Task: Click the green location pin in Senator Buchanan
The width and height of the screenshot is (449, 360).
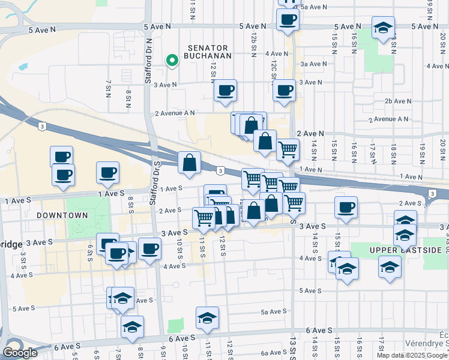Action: point(172,60)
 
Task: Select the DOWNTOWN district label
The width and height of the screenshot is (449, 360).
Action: point(62,215)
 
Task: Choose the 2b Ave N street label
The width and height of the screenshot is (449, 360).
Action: point(397,101)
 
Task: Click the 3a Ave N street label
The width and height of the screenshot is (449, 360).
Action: point(313,64)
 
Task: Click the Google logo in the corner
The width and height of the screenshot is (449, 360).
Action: point(20,353)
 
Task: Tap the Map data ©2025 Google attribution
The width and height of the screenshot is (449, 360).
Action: point(412,355)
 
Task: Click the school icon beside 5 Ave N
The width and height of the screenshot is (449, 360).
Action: point(383,28)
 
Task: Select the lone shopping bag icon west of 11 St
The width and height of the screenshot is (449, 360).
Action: point(189,163)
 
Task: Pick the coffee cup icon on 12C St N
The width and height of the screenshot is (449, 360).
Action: point(284,91)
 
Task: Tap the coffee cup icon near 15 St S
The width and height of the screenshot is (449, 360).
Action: point(346,208)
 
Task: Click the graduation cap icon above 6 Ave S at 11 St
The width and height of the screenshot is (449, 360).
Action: point(207,317)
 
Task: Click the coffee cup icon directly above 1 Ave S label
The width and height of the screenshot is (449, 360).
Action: point(107,172)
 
